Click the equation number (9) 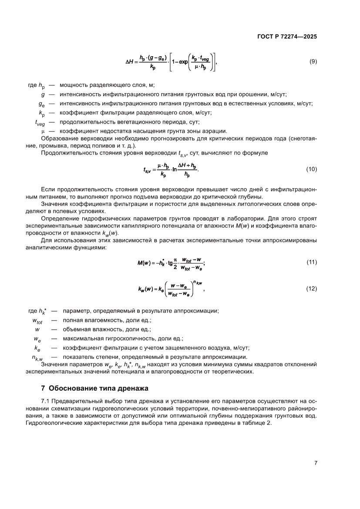point(313,62)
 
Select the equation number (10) point(312,169)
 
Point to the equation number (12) point(312,289)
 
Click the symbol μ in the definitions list point(43,131)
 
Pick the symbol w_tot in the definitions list point(37,320)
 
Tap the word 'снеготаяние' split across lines point(303,138)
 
